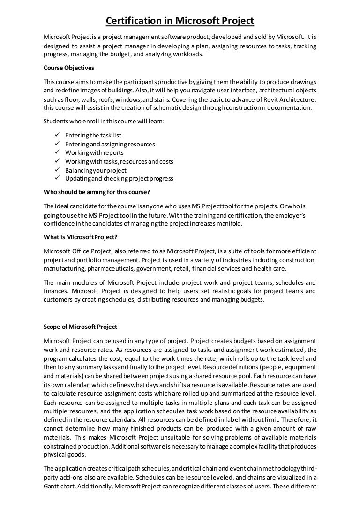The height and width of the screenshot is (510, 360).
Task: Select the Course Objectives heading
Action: click(x=69, y=68)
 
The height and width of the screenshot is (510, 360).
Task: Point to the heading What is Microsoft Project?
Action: click(x=80, y=236)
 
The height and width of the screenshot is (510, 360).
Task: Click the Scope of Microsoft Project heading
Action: click(x=80, y=327)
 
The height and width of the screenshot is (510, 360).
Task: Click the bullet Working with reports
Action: click(x=94, y=153)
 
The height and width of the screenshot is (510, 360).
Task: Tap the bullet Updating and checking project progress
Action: click(x=119, y=179)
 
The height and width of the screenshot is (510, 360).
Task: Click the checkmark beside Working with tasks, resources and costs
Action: click(x=57, y=161)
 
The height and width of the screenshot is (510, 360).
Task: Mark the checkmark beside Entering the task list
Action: click(x=57, y=136)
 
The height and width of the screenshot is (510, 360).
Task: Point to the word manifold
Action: click(x=229, y=224)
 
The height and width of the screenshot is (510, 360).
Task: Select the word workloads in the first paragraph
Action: click(x=188, y=54)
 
